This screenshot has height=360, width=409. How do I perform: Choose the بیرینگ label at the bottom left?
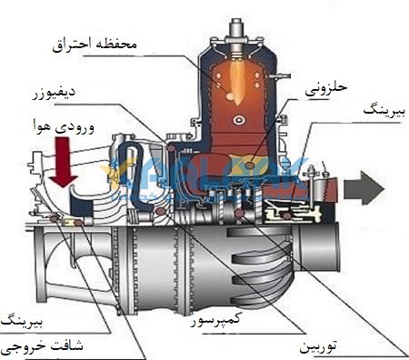coord(20,320)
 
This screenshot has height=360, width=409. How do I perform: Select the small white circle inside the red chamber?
coord(238,119)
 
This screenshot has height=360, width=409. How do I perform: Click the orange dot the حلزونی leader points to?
coord(251,165)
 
